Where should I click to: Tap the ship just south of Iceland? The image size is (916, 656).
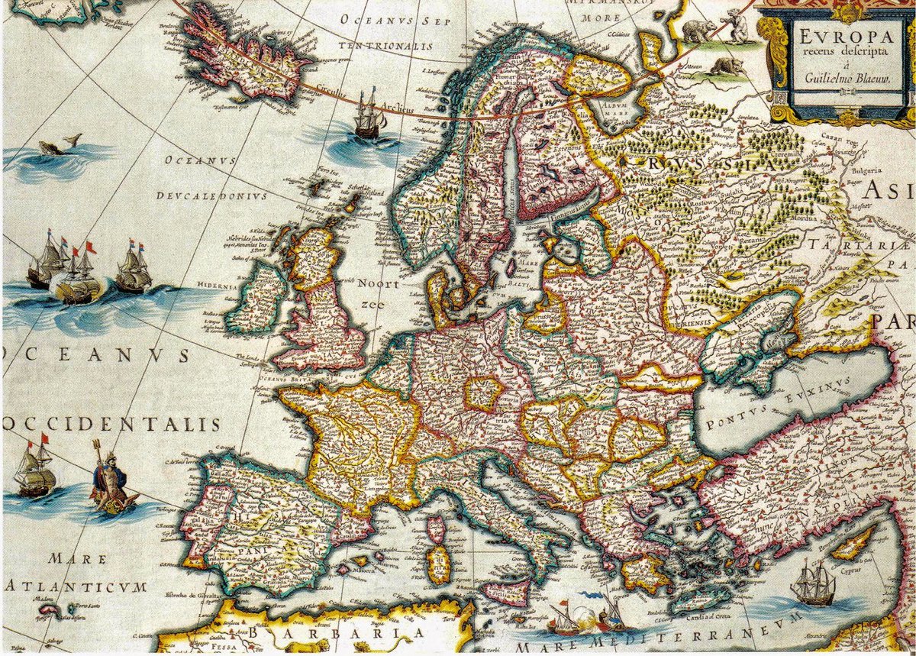[367, 115]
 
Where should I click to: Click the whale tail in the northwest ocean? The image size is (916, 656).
[73, 139]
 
